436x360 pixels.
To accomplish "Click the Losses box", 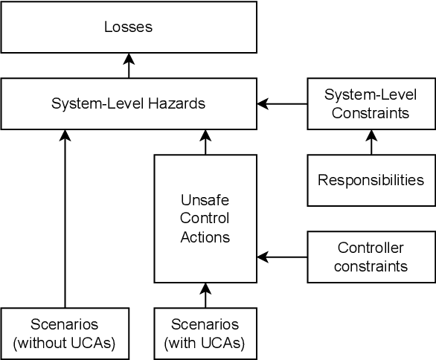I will point(128,28).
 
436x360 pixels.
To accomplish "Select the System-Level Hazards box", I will point(128,104).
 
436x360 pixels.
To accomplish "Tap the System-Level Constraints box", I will point(371,104).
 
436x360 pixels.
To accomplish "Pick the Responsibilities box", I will point(371,180).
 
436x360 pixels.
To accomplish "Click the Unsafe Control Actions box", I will point(205,219).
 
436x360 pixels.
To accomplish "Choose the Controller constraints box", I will point(371,257).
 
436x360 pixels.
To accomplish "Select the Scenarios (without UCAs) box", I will point(65,333).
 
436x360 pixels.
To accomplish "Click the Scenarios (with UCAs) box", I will point(205,333).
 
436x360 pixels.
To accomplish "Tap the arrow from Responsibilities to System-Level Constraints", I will point(371,142).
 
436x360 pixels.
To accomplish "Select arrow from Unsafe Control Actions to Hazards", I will point(205,142).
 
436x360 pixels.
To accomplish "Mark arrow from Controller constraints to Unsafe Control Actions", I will point(282,257).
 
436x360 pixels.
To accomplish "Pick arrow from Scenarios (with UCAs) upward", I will point(205,295).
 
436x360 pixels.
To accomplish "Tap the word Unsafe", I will point(205,201).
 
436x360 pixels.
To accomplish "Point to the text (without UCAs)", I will point(65,342).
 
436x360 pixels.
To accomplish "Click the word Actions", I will point(205,237).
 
